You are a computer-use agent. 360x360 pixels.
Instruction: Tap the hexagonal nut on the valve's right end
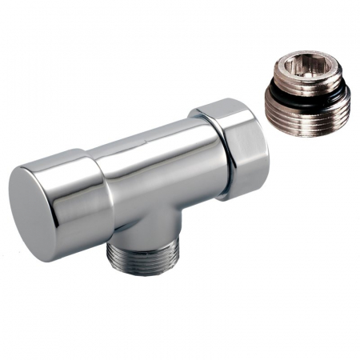[232, 148]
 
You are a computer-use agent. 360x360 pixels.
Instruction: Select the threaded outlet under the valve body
[143, 254]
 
